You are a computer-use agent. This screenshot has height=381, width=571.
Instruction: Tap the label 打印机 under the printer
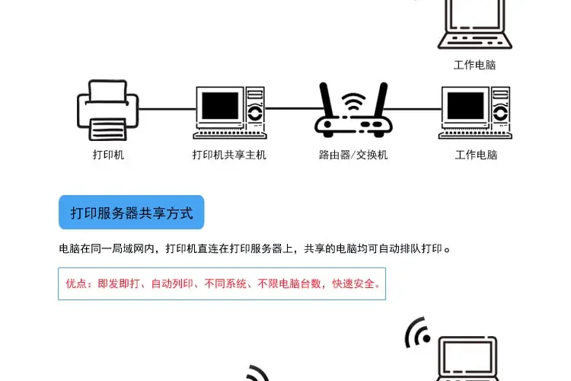click(108, 155)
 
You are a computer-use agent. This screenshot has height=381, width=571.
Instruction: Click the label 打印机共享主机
click(229, 155)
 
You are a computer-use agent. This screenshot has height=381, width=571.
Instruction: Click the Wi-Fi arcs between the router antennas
click(353, 103)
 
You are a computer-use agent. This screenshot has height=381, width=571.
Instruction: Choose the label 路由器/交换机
click(353, 155)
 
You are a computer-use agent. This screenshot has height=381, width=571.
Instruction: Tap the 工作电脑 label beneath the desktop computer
click(476, 155)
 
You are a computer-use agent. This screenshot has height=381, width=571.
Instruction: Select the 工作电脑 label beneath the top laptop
click(474, 65)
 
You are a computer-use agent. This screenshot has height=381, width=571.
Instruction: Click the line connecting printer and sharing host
click(167, 109)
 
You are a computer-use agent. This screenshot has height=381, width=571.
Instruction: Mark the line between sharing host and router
click(291, 108)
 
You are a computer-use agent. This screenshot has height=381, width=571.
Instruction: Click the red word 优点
click(76, 284)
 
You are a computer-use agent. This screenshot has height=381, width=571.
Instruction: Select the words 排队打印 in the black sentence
click(421, 248)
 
